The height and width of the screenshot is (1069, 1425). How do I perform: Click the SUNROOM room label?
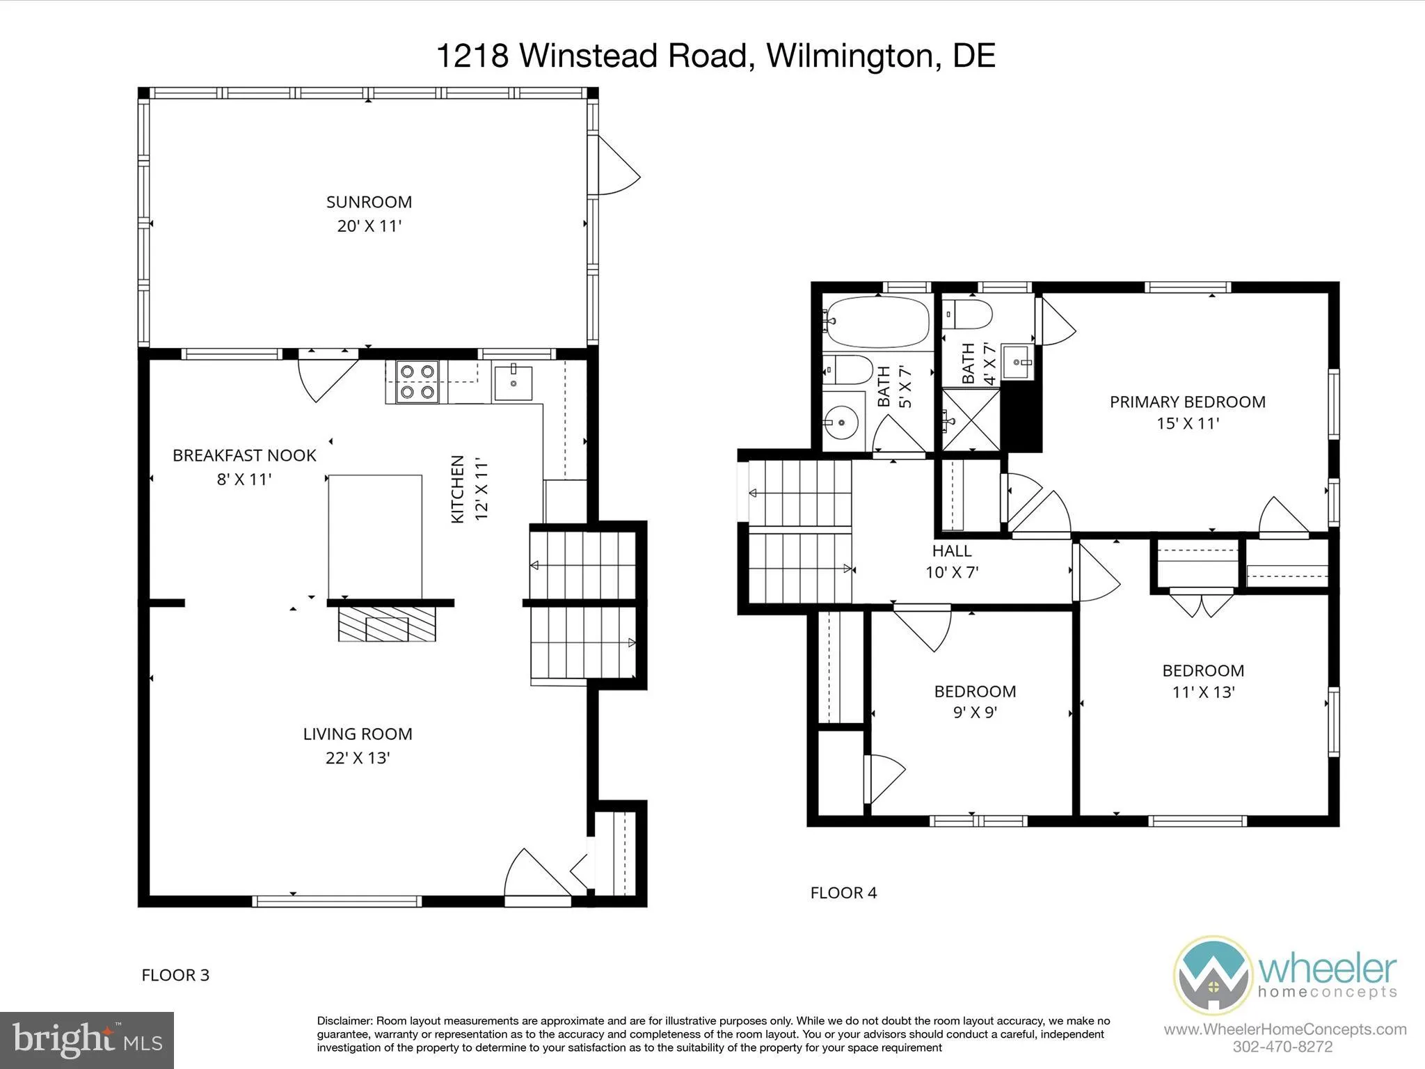point(369,202)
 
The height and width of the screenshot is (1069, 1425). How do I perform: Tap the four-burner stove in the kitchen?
point(416,382)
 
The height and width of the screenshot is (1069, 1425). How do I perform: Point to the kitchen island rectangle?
point(375,536)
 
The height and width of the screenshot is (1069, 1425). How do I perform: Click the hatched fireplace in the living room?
point(387,624)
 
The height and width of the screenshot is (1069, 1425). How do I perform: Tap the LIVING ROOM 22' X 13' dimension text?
point(358,758)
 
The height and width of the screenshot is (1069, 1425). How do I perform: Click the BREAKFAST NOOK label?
point(244,455)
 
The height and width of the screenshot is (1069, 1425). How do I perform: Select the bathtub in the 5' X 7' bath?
point(876,323)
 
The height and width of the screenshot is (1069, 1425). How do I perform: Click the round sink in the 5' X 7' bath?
point(841,422)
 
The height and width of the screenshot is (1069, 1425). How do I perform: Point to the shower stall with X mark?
point(970,419)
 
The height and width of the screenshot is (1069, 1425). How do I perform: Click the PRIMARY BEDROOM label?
point(1187,402)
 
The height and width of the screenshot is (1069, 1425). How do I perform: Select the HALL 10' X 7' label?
point(952,561)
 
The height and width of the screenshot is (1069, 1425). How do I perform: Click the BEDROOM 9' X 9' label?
point(975,701)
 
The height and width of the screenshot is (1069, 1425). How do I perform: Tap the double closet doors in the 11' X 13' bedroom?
point(1201,603)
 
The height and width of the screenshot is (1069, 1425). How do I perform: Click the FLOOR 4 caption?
point(843,892)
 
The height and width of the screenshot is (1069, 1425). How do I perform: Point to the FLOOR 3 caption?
point(175,975)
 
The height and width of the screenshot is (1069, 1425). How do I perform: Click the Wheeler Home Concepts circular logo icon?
point(1213,974)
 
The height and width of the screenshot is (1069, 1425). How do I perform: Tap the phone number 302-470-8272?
point(1282,1047)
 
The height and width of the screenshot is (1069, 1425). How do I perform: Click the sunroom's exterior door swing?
point(615,167)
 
